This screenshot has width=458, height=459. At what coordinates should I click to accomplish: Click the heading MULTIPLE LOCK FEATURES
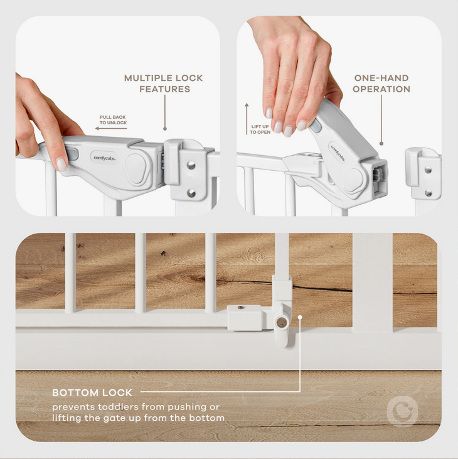point(164,84)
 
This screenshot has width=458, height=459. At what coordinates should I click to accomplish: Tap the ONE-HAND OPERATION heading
point(381,84)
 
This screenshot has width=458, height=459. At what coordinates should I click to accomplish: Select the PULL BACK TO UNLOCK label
point(113,120)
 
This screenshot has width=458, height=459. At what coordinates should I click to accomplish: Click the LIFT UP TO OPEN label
point(260,129)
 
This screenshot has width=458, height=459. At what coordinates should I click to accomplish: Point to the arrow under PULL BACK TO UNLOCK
point(111,128)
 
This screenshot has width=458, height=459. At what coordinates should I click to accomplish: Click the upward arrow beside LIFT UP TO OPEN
point(247,119)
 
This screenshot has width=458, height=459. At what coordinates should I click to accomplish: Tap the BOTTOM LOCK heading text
point(92,393)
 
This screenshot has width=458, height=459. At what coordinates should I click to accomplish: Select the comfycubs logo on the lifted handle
point(338,153)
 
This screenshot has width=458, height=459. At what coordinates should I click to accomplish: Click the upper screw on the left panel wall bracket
point(191,165)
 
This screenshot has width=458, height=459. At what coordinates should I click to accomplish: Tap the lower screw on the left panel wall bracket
point(191,193)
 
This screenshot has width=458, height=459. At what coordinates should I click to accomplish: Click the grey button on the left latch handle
point(72,154)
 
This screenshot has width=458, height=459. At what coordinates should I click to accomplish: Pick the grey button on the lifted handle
point(316,126)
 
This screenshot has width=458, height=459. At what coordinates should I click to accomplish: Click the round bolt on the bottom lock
point(281,323)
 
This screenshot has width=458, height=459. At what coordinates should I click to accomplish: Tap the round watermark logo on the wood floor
point(402,411)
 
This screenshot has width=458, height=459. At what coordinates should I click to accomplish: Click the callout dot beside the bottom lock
point(300,317)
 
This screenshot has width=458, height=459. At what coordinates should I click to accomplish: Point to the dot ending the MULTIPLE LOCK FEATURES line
point(165,129)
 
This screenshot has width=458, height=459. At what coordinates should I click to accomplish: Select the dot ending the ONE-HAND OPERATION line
point(381,143)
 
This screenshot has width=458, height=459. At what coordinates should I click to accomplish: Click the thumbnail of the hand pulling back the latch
point(117,116)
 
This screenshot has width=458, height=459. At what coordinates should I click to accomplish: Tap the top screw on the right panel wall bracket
point(428,170)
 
